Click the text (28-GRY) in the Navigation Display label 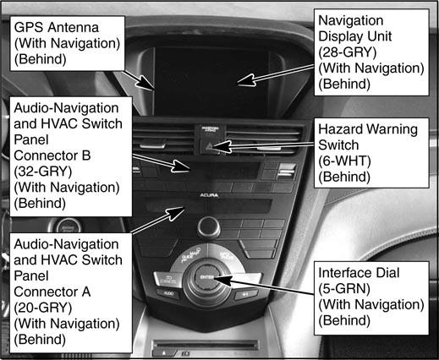pos(348,52)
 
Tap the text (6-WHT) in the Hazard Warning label pos(344,161)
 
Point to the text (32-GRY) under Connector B pos(43,172)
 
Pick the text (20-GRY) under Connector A pos(43,308)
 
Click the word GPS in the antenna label pos(29,28)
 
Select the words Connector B pos(52,155)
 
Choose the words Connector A pos(52,292)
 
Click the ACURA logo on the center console pos(209,195)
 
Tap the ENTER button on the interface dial pos(207,277)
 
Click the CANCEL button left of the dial pos(167,280)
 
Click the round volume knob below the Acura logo pos(209,226)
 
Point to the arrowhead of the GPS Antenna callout pos(147,84)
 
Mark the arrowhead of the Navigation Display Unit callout pos(247,80)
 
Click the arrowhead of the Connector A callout pos(177,213)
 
